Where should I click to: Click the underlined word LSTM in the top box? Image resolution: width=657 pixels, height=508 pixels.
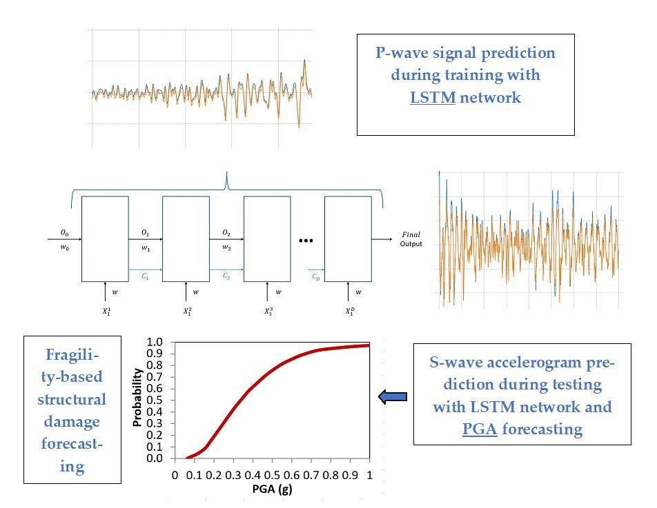coord(433,98)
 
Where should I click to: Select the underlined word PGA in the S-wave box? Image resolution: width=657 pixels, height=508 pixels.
coord(479,429)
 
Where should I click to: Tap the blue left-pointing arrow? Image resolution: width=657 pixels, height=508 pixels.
coord(393,396)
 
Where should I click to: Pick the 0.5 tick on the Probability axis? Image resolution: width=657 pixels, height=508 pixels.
coord(157,400)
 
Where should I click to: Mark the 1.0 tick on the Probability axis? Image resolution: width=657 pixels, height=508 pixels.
coord(157,342)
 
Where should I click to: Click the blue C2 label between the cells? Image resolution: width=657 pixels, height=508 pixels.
coord(226,276)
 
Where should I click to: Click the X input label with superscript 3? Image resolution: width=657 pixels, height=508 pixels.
coord(268,311)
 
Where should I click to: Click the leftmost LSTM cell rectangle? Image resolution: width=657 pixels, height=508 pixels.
coord(105,238)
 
